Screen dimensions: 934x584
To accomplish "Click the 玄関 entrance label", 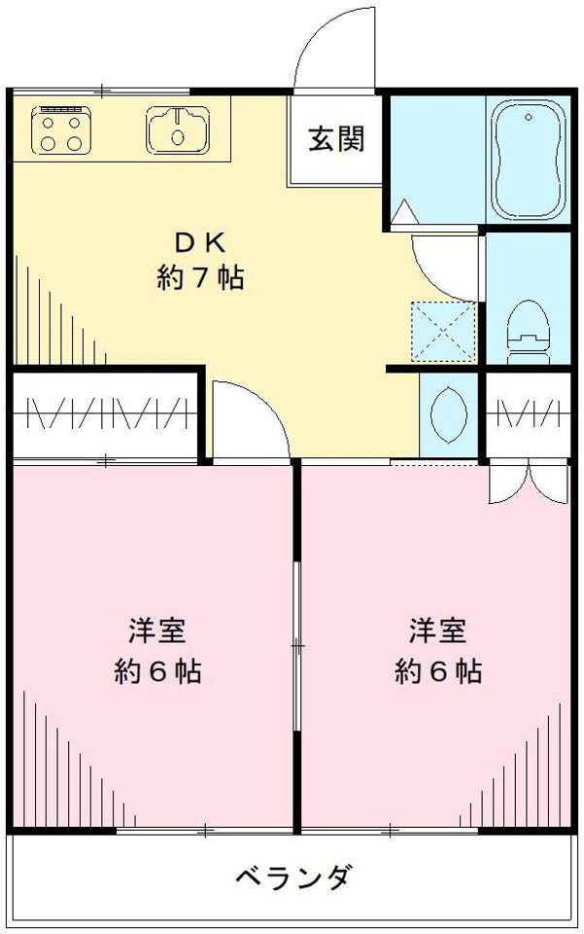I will pyautogui.click(x=337, y=139).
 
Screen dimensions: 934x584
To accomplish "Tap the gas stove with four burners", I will pyautogui.click(x=60, y=128).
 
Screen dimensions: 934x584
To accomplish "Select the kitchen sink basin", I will pyautogui.click(x=177, y=127).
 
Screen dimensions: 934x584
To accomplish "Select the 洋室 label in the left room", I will pyautogui.click(x=156, y=630).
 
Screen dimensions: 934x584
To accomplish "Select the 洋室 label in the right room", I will pyautogui.click(x=436, y=630).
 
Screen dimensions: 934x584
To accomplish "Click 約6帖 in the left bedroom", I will pyautogui.click(x=157, y=670).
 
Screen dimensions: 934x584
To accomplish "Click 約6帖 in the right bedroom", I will pyautogui.click(x=437, y=670).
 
